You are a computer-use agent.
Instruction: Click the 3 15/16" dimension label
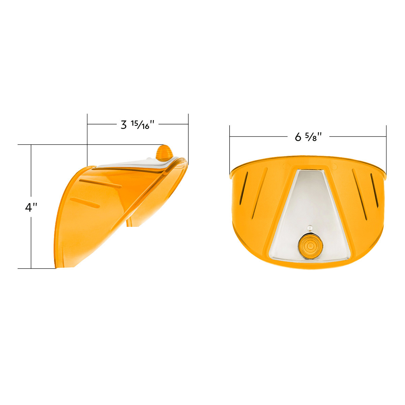(137, 125)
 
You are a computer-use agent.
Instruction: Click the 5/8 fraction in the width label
(312, 137)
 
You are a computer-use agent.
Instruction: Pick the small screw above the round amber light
(309, 228)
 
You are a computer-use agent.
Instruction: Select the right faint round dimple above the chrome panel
(334, 166)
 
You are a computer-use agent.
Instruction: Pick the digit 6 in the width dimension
(298, 137)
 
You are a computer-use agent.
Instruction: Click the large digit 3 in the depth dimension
(124, 125)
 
